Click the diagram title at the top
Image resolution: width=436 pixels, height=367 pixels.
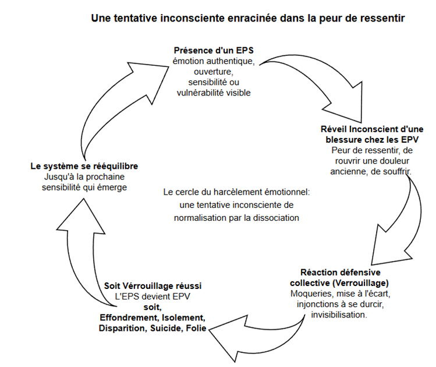(x=247, y=18)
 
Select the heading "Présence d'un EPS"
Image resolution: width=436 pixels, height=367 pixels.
(x=212, y=51)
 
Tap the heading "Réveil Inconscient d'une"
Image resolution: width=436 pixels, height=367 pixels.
(x=371, y=129)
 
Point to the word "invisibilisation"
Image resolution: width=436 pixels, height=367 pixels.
(x=339, y=315)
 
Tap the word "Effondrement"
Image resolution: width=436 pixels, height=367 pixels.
(x=126, y=318)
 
